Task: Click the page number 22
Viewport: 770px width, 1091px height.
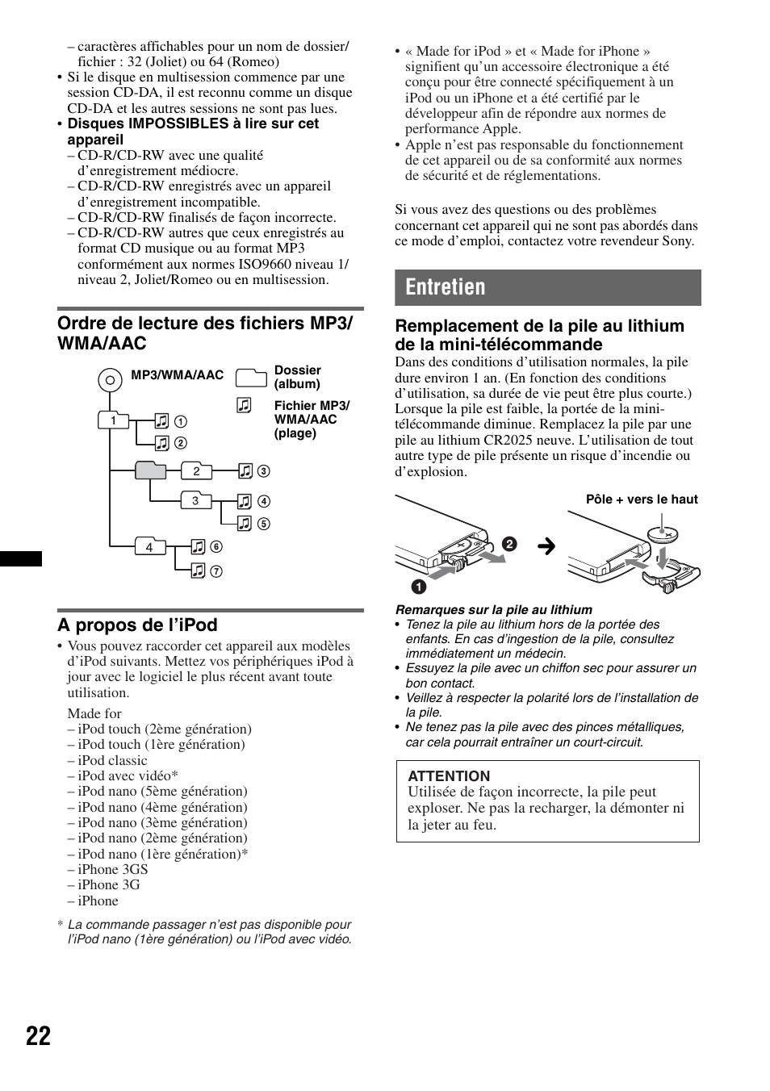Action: point(38,1036)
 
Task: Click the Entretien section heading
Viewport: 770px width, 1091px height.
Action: point(446,287)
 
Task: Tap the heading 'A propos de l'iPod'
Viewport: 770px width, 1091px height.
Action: point(137,625)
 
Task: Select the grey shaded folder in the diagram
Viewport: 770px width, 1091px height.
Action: point(150,470)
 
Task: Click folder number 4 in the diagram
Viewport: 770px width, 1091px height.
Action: point(149,546)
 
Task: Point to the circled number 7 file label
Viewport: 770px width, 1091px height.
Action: point(216,571)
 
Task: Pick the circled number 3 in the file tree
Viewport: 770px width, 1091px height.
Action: point(263,471)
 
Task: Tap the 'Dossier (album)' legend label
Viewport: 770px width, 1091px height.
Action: point(297,377)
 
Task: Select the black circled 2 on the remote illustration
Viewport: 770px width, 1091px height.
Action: point(508,544)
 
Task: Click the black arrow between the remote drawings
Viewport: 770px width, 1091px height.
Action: point(546,547)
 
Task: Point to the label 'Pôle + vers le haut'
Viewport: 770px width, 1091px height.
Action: point(642,500)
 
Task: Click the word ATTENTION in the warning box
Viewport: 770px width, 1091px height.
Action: point(449,776)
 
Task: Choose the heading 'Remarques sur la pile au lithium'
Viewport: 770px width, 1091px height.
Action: point(493,610)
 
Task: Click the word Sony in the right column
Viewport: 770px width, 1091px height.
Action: point(676,240)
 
